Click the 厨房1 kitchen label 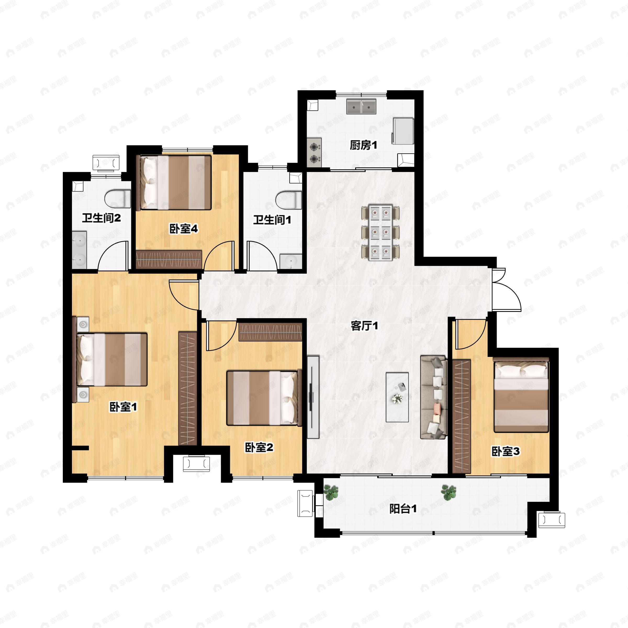pos(363,145)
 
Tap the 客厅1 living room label pos(365,326)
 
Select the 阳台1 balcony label pos(403,509)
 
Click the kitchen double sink pos(361,106)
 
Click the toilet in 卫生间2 pos(117,199)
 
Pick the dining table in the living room pos(380,232)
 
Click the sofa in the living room pos(434,397)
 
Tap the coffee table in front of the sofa pos(397,397)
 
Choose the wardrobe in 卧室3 pos(462,416)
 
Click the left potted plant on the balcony pos(331,492)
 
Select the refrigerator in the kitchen pos(403,131)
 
